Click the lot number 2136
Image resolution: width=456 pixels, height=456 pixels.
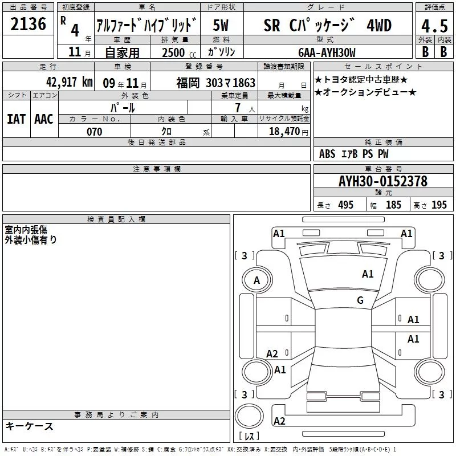[28, 24]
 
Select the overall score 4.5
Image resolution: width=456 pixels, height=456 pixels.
[434, 26]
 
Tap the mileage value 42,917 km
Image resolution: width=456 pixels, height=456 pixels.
[69, 82]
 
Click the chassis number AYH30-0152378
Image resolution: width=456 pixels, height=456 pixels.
[383, 181]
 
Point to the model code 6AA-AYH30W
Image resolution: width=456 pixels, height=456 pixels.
[327, 52]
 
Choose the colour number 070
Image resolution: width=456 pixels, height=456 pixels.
[95, 132]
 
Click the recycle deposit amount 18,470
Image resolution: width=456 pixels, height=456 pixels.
[284, 132]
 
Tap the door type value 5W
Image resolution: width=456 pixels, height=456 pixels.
[221, 25]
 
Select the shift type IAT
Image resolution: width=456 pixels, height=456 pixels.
[16, 119]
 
